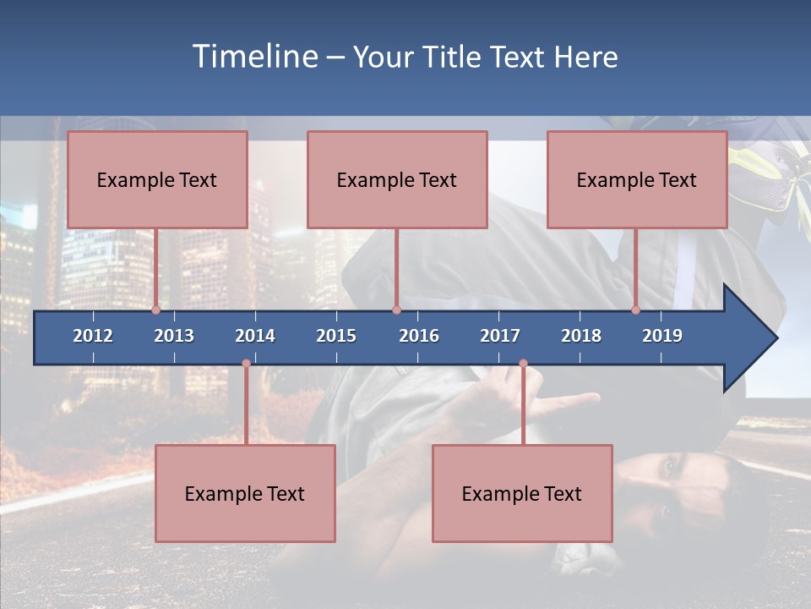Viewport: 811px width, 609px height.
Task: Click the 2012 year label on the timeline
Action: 93,336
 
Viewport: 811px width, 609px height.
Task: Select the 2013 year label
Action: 174,336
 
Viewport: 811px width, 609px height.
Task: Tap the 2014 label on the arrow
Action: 255,336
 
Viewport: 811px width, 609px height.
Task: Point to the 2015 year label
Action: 336,336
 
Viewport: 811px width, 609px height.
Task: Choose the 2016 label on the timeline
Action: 419,336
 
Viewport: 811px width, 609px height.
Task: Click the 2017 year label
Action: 500,336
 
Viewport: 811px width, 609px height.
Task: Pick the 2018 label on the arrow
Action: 581,336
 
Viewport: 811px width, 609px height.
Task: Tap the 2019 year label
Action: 662,336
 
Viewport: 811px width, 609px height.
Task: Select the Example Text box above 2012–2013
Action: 157,180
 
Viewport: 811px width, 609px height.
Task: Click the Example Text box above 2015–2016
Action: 397,180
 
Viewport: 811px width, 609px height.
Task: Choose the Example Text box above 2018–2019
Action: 637,180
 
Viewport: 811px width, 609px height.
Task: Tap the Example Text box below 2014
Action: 245,494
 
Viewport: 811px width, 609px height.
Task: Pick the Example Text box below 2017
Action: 522,494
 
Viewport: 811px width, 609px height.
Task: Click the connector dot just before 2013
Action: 155,310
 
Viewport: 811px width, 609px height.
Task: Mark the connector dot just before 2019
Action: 635,310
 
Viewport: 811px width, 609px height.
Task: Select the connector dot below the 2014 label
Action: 246,364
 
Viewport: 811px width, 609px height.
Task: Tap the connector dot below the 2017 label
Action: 523,364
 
